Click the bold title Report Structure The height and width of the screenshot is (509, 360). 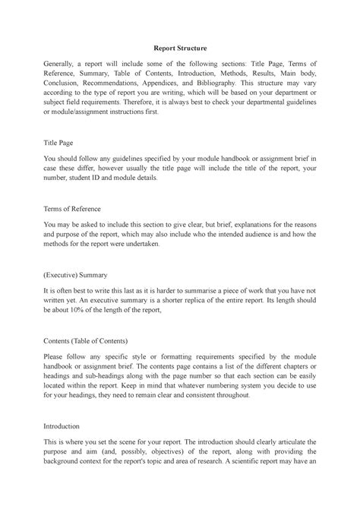pos(180,48)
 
